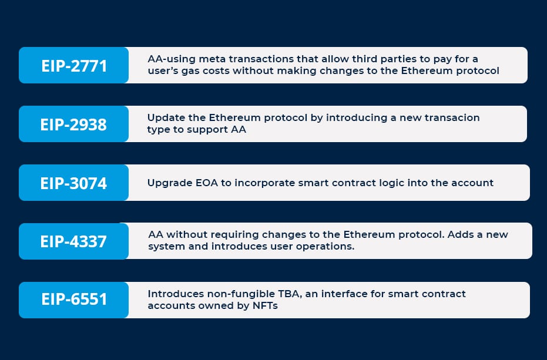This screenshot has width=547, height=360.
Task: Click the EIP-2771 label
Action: [74, 66]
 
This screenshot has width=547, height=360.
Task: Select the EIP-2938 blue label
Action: [73, 125]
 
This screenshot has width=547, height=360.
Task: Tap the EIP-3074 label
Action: [73, 183]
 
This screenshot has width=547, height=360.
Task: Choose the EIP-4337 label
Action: [73, 241]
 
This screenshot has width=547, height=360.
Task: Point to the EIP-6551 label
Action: [74, 300]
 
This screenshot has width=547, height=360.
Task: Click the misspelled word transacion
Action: [452, 118]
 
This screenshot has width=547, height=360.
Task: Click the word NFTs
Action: [265, 306]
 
